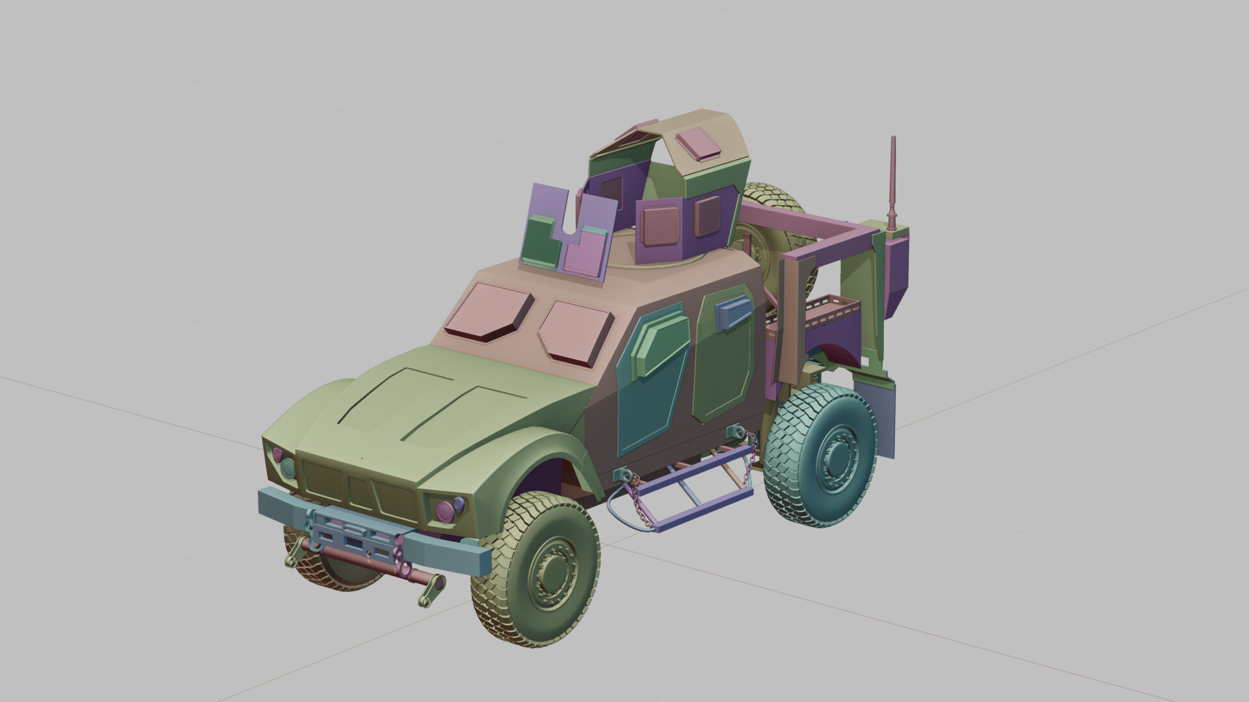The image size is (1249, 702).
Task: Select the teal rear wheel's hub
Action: pyautogui.click(x=834, y=458)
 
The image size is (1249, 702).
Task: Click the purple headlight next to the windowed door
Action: pyautogui.click(x=446, y=509)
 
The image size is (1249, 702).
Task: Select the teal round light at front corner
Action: pyautogui.click(x=288, y=467)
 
